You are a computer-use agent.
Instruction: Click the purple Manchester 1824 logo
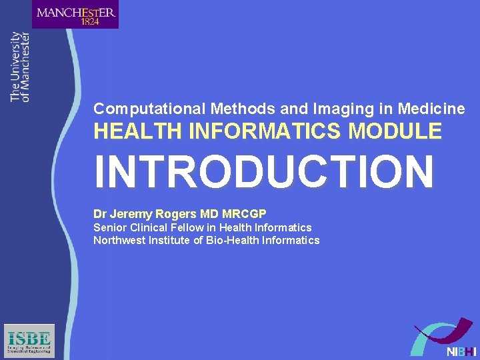click(75, 15)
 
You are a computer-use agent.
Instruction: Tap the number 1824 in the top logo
click(90, 21)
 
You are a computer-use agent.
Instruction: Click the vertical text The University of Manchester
click(20, 67)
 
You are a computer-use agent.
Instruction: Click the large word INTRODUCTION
click(264, 171)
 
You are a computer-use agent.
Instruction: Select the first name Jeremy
click(131, 214)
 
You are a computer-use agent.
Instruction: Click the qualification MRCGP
click(244, 214)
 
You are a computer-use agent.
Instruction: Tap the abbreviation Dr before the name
click(100, 214)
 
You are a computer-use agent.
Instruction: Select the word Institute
click(171, 241)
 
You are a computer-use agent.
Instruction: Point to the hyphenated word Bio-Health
click(232, 241)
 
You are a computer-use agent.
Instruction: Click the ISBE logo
click(29, 341)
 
